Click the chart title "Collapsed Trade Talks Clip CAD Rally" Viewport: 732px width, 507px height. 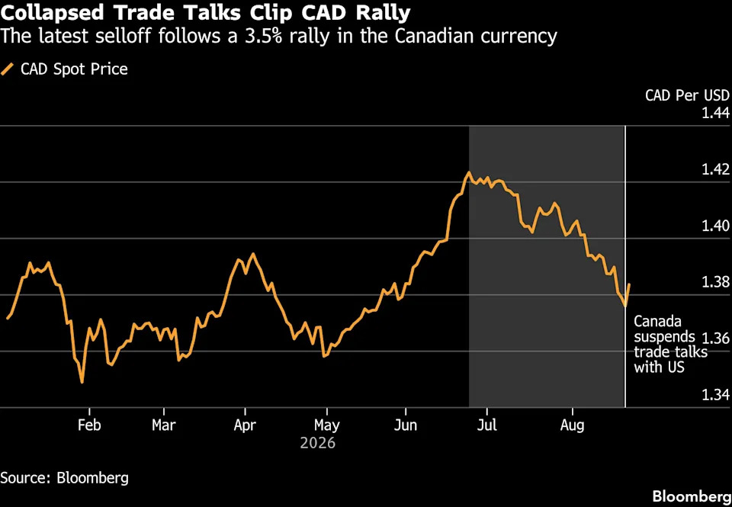click(x=205, y=13)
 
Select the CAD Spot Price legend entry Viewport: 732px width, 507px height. click(x=64, y=69)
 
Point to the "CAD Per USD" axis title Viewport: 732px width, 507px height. click(x=687, y=95)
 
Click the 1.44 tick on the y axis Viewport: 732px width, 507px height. click(x=716, y=113)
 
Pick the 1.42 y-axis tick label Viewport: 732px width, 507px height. click(x=716, y=169)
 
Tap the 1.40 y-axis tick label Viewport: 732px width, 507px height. click(x=716, y=226)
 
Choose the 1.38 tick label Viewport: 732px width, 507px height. click(x=716, y=282)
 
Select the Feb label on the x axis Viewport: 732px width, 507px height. click(x=89, y=425)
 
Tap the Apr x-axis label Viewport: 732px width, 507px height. click(x=245, y=425)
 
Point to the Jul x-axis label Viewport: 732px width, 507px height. click(x=487, y=425)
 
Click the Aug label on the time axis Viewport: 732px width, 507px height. click(x=573, y=425)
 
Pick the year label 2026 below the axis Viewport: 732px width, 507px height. click(x=317, y=442)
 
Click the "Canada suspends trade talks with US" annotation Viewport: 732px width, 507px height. click(x=670, y=344)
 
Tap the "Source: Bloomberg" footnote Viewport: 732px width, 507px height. click(x=64, y=478)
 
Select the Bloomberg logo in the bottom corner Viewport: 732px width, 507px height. click(x=692, y=496)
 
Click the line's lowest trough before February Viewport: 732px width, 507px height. click(x=82, y=383)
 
